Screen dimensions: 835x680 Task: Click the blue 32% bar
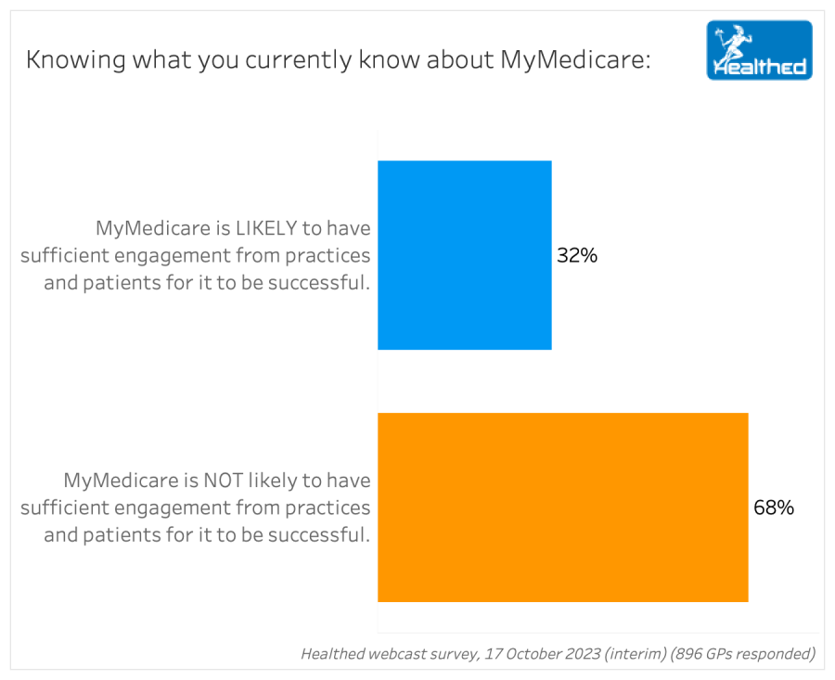[x=465, y=255]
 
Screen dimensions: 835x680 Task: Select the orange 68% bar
[x=563, y=507]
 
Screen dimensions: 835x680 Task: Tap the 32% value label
[x=577, y=256]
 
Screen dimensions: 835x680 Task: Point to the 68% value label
[x=774, y=507]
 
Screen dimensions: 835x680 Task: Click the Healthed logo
[x=759, y=50]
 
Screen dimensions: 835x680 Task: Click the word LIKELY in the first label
[x=266, y=228]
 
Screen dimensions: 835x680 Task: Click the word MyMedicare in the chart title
[x=575, y=59]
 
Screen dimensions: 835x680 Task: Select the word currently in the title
[x=299, y=60]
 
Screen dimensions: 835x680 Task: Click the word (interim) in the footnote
[x=636, y=653]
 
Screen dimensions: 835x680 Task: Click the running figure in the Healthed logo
[x=733, y=44]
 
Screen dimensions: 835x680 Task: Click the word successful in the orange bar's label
[x=318, y=534]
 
